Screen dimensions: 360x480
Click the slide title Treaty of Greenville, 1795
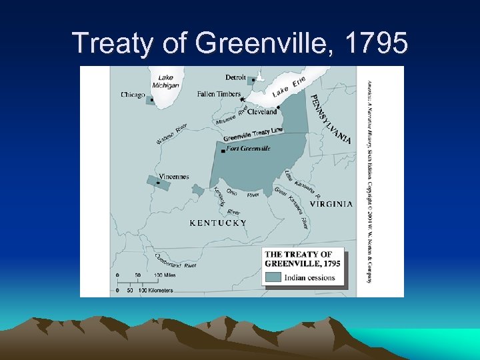click(x=240, y=43)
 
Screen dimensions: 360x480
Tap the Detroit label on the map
click(x=235, y=77)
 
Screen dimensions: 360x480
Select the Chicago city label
click(x=133, y=95)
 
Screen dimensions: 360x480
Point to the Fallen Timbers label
click(x=219, y=94)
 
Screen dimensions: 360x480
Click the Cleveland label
click(x=262, y=112)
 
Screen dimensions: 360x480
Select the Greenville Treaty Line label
click(x=253, y=133)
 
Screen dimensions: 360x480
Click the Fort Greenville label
click(x=248, y=149)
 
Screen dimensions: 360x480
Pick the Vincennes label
click(x=174, y=177)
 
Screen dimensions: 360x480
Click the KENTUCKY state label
click(x=218, y=223)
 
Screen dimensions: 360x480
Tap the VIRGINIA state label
click(x=331, y=205)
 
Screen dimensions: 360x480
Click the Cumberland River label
click(x=175, y=261)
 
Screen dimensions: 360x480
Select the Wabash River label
click(x=172, y=133)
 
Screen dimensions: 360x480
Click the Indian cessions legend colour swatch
click(x=273, y=277)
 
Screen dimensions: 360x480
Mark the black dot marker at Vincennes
click(x=158, y=183)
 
